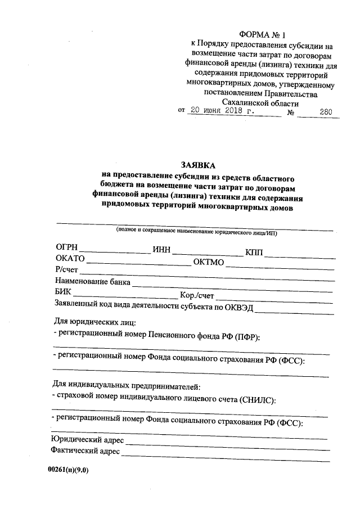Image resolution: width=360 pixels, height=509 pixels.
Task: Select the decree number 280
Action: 325,111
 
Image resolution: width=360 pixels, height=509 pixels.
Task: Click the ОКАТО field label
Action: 70,259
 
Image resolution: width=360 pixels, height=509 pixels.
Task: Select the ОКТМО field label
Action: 209,262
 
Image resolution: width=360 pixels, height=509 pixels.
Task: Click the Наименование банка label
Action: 93,281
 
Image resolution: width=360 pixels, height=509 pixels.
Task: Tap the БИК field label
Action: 64,292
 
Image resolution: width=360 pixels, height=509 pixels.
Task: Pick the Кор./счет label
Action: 197,295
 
